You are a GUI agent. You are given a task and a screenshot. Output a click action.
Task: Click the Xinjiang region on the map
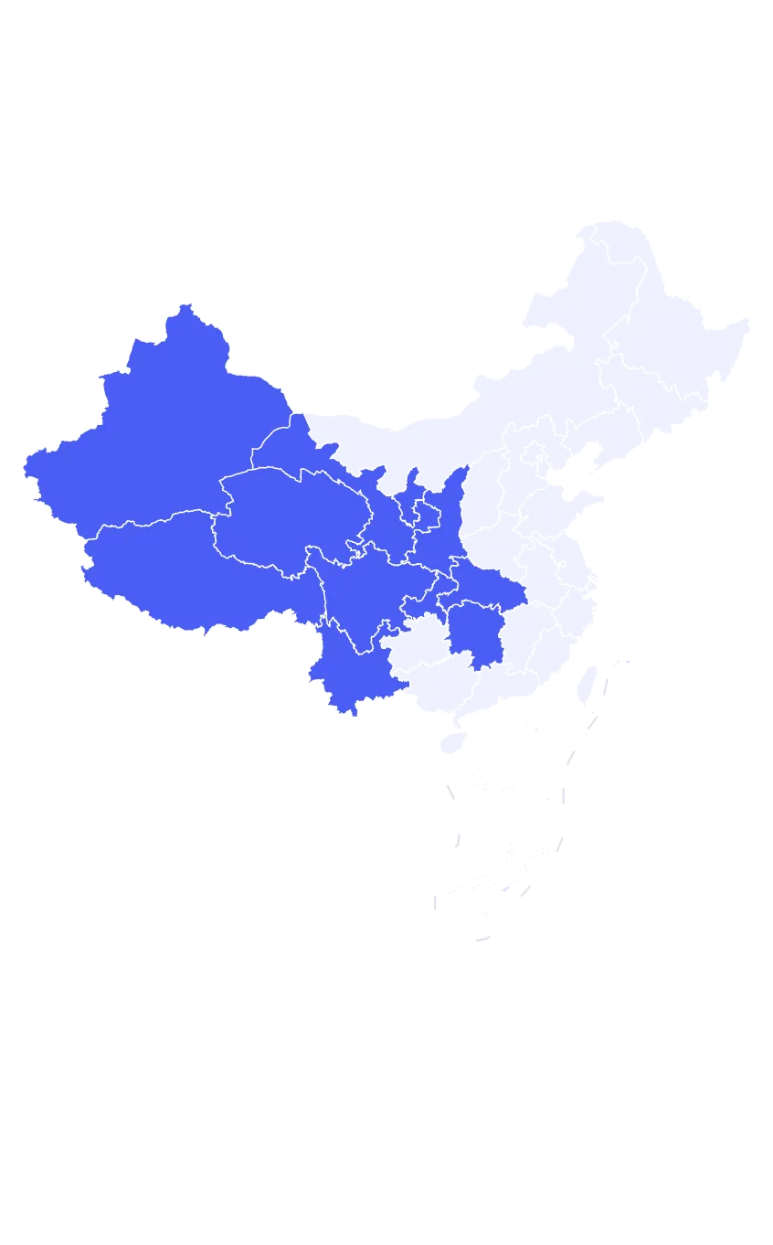155,430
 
